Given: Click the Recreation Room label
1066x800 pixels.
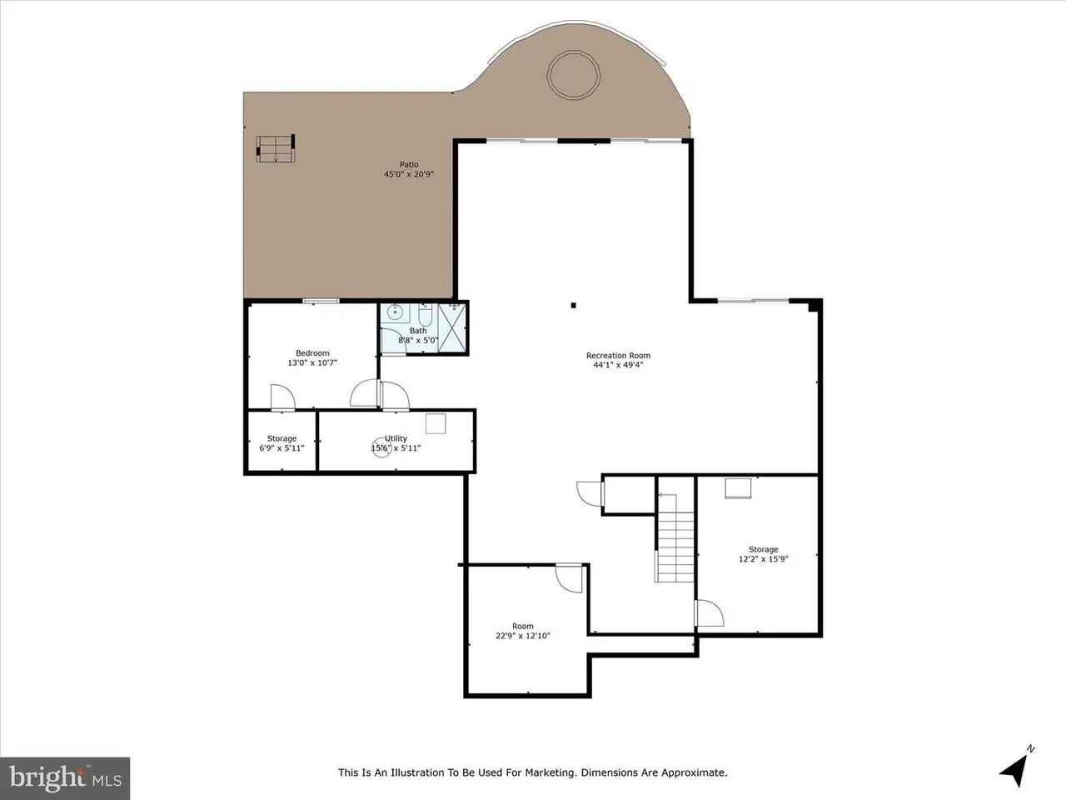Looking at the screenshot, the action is coord(618,356).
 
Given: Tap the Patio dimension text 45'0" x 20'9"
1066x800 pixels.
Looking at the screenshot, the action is coord(409,174).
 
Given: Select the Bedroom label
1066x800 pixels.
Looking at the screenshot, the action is coord(312,353).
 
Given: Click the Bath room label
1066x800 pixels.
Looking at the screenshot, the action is coord(418,331).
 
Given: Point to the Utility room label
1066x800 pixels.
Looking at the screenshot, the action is coord(396,438).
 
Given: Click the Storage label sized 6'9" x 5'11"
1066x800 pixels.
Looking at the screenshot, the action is coord(281,438).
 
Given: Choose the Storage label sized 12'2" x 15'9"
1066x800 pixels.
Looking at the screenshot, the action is coord(764,549).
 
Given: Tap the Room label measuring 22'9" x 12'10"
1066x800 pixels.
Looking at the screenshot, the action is coord(522,626).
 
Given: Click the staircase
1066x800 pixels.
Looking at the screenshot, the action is coord(675,538).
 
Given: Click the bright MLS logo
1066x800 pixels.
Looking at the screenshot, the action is coord(65,778).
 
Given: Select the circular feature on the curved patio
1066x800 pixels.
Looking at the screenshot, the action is coord(574,75).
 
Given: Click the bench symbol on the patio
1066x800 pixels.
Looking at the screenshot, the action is coord(276,148).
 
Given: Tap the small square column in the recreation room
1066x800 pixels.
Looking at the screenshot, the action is coord(574,306).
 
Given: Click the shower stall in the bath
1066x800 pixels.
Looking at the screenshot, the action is coord(451,327).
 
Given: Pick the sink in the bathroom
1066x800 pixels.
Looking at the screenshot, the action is coord(395,312).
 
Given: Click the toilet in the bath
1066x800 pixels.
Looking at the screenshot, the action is coord(425,315).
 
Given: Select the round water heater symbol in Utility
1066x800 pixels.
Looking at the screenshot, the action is coord(381,447).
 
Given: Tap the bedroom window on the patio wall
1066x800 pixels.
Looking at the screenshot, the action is coord(321,301).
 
